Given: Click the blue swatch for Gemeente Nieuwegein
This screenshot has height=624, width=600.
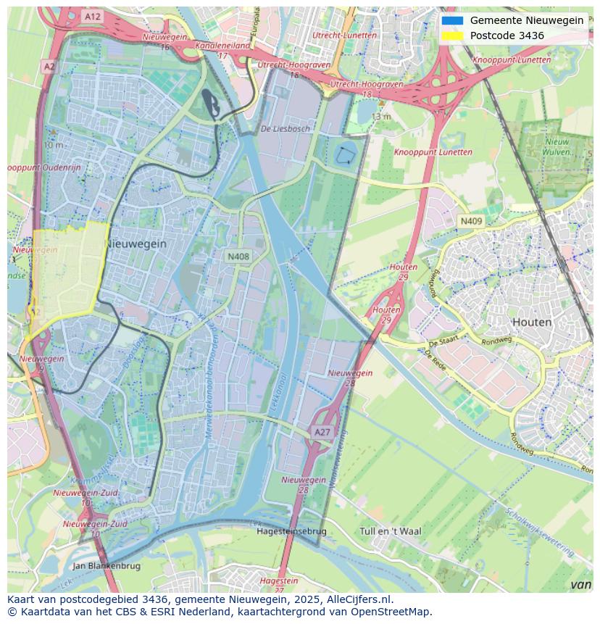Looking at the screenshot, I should point(452,20).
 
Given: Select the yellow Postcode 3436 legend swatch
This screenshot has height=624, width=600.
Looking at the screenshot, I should point(452,36).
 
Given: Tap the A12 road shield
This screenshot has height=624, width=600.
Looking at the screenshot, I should point(92,16).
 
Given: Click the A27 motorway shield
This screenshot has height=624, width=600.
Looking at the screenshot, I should point(322,432).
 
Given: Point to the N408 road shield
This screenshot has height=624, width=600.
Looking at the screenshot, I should point(238,257).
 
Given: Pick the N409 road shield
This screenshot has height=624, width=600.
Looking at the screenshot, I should point(471,221).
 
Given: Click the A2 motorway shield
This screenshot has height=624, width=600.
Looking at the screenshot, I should point(49,67).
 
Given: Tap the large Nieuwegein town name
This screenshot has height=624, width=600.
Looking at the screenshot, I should point(136,244).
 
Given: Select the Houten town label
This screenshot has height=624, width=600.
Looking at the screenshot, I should point(531,322).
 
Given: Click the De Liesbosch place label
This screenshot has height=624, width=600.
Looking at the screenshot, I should point(285,129).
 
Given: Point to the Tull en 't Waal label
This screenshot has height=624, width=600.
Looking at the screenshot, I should point(390,531).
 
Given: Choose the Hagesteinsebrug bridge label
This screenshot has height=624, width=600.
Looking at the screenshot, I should point(291,531).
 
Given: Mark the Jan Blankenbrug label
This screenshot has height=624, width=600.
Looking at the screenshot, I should point(107,565).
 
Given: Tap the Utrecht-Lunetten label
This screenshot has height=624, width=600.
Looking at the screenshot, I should point(344,35).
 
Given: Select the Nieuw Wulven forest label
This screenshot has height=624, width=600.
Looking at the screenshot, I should point(557,147).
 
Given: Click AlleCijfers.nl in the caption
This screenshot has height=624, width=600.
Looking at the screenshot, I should point(359,599).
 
